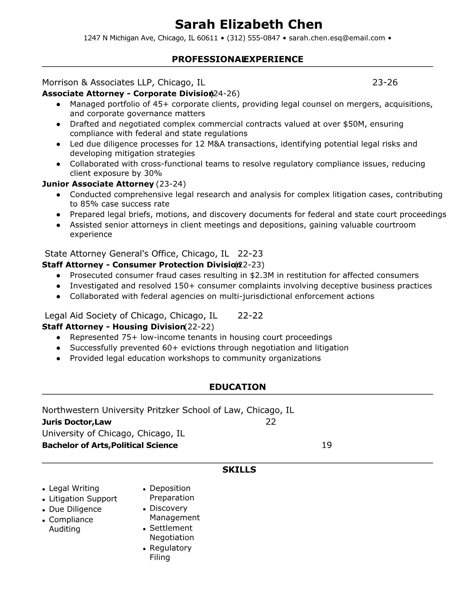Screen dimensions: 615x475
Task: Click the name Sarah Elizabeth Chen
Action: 248,24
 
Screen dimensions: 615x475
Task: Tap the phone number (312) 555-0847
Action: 253,38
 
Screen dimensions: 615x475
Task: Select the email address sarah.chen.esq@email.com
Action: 337,38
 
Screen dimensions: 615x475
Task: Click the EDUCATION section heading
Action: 237,387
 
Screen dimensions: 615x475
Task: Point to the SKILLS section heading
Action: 239,470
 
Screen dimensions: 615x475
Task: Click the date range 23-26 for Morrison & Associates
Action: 385,82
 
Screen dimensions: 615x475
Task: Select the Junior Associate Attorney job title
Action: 98,184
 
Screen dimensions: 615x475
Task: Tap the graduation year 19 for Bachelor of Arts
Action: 327,445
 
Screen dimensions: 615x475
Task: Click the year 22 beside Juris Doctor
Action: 271,422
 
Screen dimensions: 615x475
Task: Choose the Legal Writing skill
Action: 74,488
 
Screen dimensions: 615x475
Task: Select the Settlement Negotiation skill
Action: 172,533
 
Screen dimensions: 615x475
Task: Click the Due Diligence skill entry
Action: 75,509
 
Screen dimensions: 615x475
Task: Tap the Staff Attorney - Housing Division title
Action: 113,327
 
